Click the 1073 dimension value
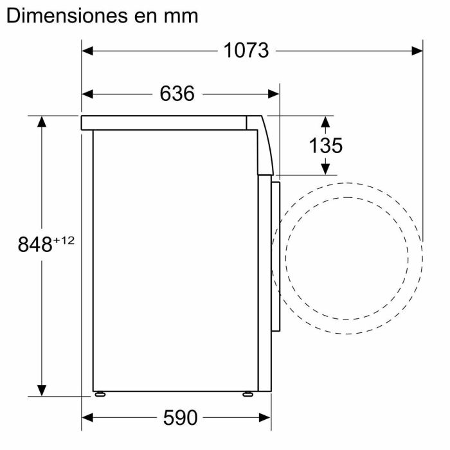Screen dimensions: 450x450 pyautogui.click(x=246, y=50)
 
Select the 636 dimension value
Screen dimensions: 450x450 pyautogui.click(x=177, y=94)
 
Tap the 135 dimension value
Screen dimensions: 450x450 pyautogui.click(x=325, y=145)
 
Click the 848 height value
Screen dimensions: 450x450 pyautogui.click(x=34, y=245)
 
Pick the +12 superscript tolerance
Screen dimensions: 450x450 pyautogui.click(x=64, y=240)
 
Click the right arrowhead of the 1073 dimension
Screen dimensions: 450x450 pyautogui.click(x=416, y=50)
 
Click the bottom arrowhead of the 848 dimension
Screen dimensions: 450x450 pyautogui.click(x=42, y=390)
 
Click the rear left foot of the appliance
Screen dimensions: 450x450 pyautogui.click(x=100, y=393)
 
